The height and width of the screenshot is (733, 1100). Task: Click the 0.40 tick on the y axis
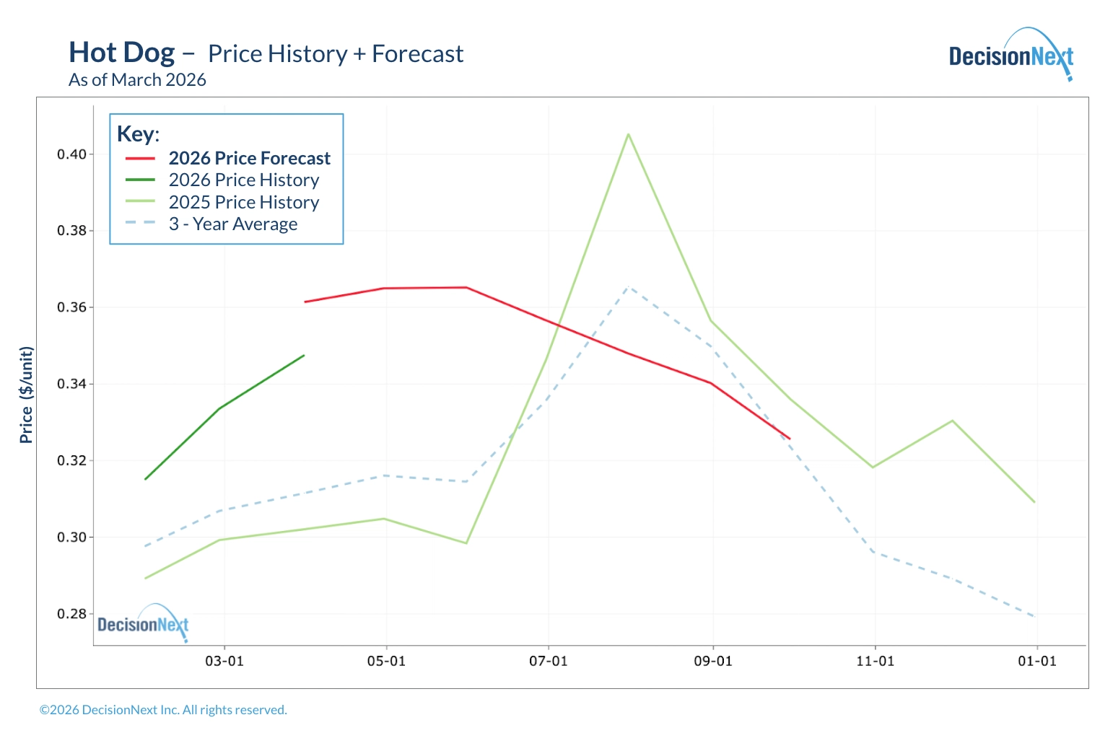71,154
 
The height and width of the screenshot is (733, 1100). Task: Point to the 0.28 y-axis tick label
71,614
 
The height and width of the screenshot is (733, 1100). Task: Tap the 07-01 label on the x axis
549,662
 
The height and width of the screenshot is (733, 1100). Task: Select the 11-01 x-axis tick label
875,662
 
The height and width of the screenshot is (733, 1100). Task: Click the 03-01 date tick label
224,662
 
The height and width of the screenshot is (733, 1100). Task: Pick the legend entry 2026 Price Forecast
249,158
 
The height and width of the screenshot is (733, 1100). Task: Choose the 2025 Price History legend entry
244,202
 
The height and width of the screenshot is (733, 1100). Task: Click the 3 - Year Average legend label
233,224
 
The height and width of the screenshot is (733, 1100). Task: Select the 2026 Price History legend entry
244,180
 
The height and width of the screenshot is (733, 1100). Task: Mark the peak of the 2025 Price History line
629,134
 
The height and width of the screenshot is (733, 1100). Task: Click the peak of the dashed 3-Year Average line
629,286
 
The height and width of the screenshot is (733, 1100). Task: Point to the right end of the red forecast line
790,439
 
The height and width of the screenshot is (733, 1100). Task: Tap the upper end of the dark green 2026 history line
304,355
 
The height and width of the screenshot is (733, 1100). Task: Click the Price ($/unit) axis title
27,395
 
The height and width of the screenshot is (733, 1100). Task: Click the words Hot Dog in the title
122,53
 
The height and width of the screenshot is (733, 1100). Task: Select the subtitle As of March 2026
137,80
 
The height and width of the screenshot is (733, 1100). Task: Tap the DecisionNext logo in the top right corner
1010,56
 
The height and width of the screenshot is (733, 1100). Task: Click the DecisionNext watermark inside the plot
143,624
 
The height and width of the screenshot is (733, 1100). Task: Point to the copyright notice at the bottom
163,710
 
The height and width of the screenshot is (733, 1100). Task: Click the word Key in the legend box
136,134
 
